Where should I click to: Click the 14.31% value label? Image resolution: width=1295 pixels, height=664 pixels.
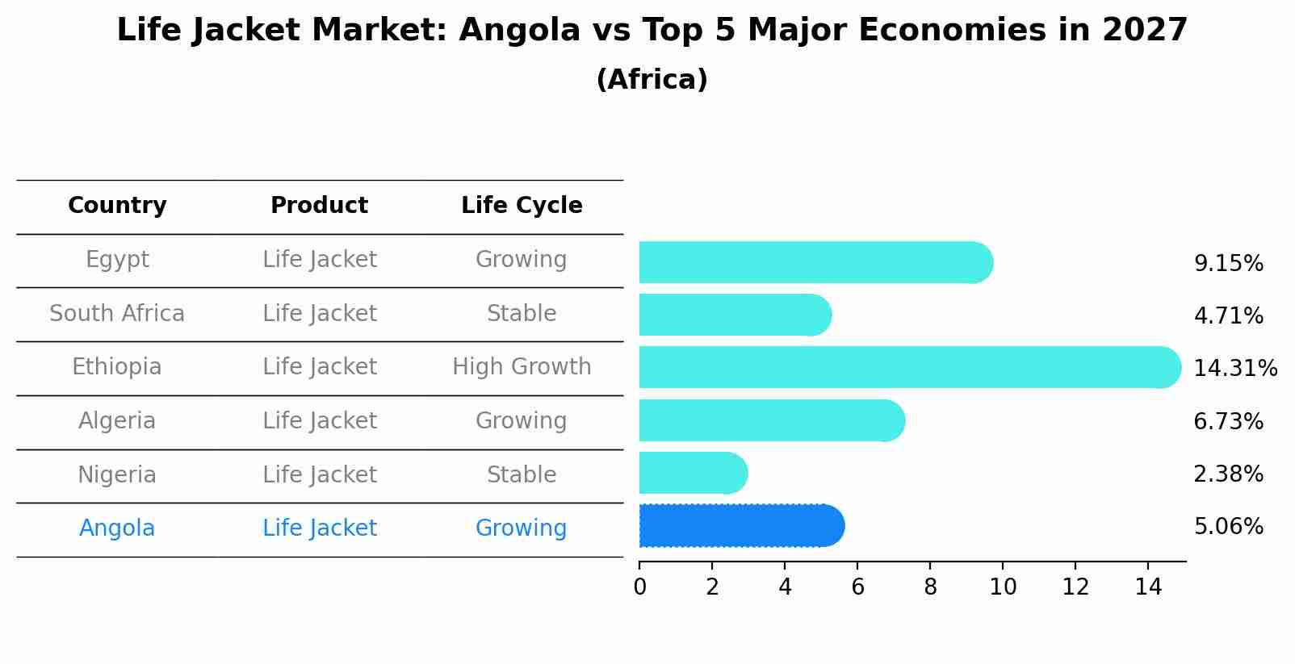[1234, 369]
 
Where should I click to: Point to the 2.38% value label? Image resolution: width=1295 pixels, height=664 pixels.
[1228, 474]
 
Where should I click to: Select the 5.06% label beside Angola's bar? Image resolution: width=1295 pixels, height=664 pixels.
[1228, 527]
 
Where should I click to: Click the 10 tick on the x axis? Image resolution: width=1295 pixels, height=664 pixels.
[1003, 587]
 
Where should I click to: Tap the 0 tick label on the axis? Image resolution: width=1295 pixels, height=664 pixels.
[639, 587]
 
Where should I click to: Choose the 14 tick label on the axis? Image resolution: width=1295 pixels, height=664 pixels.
[1148, 587]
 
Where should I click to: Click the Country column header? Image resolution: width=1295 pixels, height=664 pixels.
[117, 206]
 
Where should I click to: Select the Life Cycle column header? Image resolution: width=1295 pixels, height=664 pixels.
[522, 206]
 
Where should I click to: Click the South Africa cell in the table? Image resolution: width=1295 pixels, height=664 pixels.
[117, 313]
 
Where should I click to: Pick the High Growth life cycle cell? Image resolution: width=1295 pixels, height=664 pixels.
[522, 367]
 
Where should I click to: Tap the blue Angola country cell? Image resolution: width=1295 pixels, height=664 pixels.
[117, 528]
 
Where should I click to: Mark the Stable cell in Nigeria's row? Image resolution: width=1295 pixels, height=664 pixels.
[522, 474]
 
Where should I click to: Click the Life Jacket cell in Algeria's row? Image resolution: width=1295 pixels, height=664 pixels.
[320, 421]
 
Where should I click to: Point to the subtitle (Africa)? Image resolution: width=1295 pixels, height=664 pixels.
[652, 80]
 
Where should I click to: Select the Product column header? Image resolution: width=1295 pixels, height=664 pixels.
[320, 206]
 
